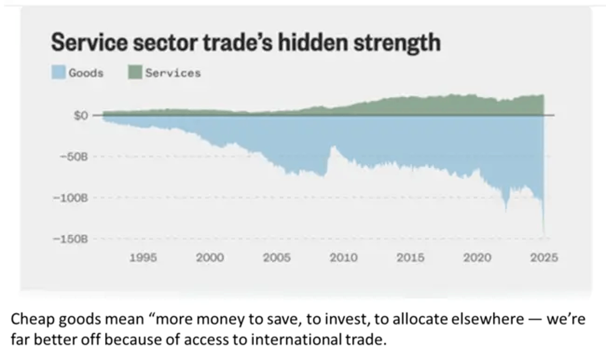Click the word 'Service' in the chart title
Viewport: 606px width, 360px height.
89,42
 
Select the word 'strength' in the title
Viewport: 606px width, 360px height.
397,43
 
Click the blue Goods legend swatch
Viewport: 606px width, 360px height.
58,73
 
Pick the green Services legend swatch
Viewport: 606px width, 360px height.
135,73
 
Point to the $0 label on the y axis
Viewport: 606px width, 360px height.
81,115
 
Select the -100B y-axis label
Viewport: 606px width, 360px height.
71,198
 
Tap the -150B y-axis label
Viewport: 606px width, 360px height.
71,239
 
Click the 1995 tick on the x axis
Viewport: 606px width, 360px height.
143,258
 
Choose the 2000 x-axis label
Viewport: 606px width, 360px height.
210,258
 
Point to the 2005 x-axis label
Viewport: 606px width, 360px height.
277,258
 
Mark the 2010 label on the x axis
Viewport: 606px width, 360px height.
344,258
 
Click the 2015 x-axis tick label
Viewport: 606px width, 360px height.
411,258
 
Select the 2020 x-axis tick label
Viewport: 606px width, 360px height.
477,258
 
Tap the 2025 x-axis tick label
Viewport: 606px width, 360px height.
544,258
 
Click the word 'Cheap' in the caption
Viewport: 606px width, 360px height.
33,319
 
